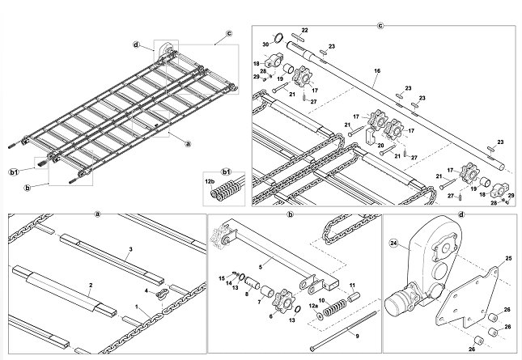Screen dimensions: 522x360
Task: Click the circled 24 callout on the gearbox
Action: [x=394, y=244]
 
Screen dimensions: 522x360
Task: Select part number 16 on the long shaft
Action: [x=377, y=71]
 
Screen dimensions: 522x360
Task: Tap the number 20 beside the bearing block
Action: [x=380, y=145]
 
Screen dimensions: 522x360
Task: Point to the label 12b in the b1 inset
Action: [x=210, y=182]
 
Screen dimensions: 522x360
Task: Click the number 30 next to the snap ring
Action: [x=265, y=44]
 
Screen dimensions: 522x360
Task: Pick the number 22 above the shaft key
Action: [x=304, y=30]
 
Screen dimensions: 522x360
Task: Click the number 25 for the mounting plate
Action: [x=508, y=258]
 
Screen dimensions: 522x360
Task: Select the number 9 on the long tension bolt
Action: [x=357, y=336]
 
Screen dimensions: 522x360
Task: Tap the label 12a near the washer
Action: [x=313, y=306]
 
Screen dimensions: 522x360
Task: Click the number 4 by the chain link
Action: [x=146, y=290]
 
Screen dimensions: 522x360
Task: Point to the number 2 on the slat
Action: [x=91, y=285]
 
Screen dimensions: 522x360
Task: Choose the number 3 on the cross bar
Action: [x=131, y=249]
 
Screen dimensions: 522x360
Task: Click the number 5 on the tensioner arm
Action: [x=261, y=266]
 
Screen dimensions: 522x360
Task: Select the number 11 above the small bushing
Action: [x=352, y=285]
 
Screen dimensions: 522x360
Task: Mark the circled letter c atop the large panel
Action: [x=380, y=26]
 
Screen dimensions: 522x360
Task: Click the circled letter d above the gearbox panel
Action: [x=461, y=214]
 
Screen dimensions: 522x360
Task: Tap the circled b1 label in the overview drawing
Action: [x=13, y=172]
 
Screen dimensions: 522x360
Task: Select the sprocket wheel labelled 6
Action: [x=283, y=301]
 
